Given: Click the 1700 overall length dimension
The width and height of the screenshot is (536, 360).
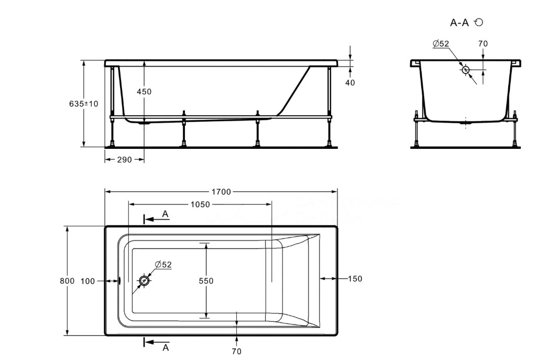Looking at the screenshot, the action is click(x=221, y=192).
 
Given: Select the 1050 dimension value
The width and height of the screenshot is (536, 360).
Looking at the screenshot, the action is click(x=200, y=204).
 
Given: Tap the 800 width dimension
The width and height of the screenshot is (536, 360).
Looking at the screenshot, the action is click(x=67, y=281).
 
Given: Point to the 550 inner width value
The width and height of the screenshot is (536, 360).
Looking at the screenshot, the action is click(x=206, y=281).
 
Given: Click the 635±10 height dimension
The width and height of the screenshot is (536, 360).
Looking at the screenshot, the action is click(x=84, y=104).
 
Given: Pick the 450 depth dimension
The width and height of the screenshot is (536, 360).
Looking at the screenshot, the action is click(x=144, y=92).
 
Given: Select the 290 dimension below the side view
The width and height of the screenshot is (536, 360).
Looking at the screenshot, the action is click(x=124, y=160).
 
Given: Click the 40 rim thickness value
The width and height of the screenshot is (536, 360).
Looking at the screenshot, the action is click(x=350, y=82).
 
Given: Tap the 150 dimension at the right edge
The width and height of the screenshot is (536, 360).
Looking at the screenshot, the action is click(x=355, y=279).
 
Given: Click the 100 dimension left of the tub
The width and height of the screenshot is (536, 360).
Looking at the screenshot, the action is click(x=87, y=281).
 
